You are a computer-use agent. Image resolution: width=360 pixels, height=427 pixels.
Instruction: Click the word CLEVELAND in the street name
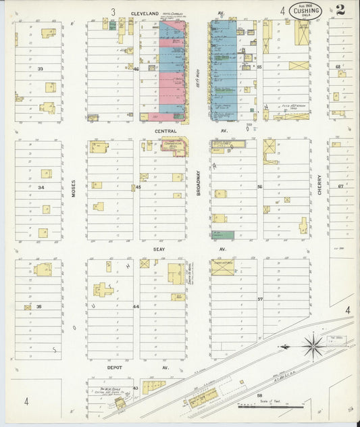145,13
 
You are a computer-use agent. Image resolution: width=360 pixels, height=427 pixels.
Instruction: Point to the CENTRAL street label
165,131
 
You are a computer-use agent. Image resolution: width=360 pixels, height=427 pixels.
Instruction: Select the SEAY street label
159,249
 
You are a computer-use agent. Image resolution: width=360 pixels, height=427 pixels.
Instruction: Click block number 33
41,69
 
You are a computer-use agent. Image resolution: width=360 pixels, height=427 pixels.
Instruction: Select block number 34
41,187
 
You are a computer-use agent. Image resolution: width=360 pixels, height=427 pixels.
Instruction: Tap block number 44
136,306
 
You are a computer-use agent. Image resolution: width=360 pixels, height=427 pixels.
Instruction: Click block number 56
259,186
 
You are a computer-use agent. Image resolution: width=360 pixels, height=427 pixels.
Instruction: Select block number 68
338,66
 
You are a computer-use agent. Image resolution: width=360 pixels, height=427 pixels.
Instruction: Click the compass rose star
313,346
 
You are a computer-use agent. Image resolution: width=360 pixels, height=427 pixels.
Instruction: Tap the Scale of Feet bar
280,407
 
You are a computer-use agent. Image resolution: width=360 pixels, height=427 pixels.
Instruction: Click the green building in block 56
223,235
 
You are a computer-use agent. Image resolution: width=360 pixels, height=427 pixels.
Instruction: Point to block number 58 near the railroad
259,395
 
